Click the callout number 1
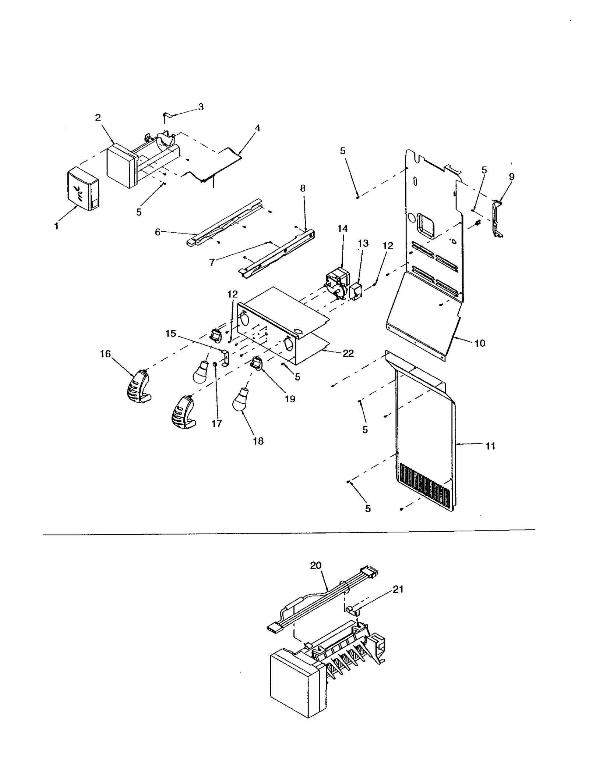56,227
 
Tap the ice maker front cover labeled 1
83,190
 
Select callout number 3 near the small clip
201,107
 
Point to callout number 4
257,128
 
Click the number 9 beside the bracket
512,177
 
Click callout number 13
363,243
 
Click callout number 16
105,354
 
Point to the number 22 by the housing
348,353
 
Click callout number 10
480,343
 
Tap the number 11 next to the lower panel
490,446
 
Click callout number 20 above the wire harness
315,566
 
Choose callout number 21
398,589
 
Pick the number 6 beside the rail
158,232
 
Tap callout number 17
217,424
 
